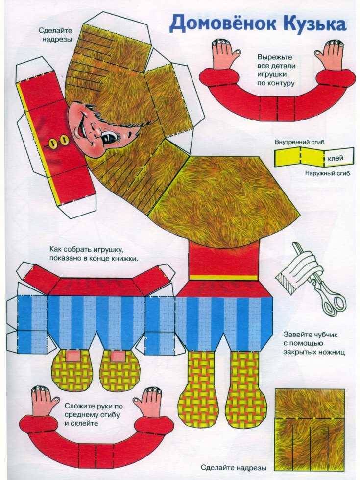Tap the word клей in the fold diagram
point(336,158)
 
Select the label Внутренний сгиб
point(299,142)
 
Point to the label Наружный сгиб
point(327,173)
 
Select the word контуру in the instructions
point(276,83)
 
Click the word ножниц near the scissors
point(332,352)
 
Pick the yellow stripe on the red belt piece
point(223,278)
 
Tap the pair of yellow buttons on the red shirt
point(58,142)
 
